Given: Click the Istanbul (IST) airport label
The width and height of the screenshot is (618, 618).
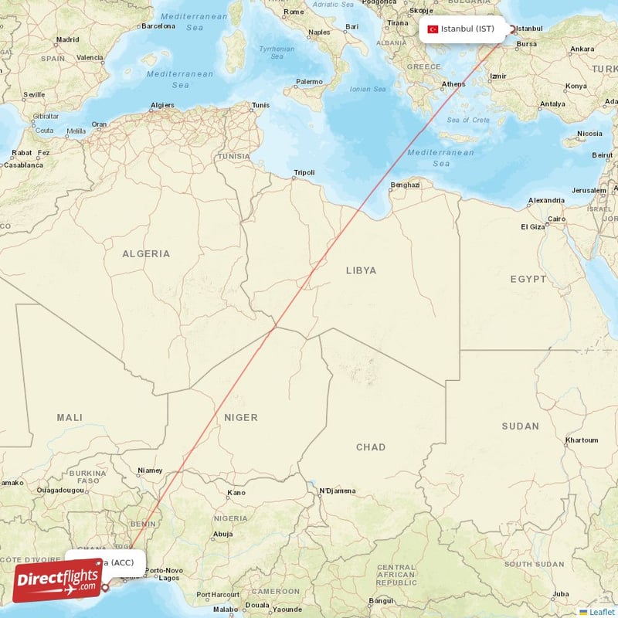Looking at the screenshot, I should [467, 29].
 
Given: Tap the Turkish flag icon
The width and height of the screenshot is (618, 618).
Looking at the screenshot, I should [433, 29].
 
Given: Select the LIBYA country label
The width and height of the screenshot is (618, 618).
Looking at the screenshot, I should [361, 270].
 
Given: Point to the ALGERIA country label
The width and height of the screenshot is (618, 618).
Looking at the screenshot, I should [146, 253].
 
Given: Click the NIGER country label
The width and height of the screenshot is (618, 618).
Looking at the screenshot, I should [240, 417].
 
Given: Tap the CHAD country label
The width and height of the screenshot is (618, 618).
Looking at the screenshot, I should [370, 447].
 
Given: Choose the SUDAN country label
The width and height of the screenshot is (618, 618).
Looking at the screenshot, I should [520, 426].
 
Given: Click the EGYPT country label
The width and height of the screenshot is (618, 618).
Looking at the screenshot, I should [528, 278].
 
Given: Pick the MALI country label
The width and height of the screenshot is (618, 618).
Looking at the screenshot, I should [70, 417].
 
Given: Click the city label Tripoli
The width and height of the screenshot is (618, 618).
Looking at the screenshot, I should [304, 172].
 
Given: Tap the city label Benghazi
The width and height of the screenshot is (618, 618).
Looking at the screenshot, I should [406, 185].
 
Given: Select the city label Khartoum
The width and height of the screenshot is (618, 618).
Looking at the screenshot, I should [582, 440].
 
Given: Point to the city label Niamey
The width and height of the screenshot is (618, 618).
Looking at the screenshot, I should [150, 470].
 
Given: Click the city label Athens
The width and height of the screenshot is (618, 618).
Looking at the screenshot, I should [453, 84].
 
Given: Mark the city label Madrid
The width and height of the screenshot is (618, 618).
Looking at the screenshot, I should [67, 39].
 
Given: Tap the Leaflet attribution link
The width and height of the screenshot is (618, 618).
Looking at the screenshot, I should [601, 612].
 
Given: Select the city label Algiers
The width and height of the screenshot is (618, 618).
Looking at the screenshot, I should [162, 104].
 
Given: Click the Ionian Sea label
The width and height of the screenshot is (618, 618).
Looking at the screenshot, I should [368, 89].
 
